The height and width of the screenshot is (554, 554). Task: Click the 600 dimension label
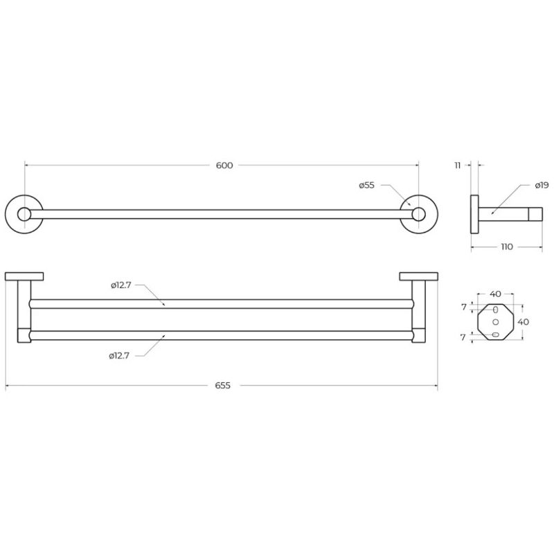click(224, 166)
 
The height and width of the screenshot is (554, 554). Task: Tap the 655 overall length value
click(222, 386)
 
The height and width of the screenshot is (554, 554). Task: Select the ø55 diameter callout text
click(366, 185)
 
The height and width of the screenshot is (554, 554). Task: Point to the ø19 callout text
click(542, 185)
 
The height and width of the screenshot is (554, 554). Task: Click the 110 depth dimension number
click(507, 247)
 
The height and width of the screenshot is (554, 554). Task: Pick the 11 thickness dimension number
click(458, 166)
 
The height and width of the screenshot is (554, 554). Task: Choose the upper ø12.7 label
click(120, 285)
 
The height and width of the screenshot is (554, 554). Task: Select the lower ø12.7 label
click(119, 356)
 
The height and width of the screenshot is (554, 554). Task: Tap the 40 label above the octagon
click(495, 294)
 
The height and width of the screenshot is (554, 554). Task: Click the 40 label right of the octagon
click(524, 322)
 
